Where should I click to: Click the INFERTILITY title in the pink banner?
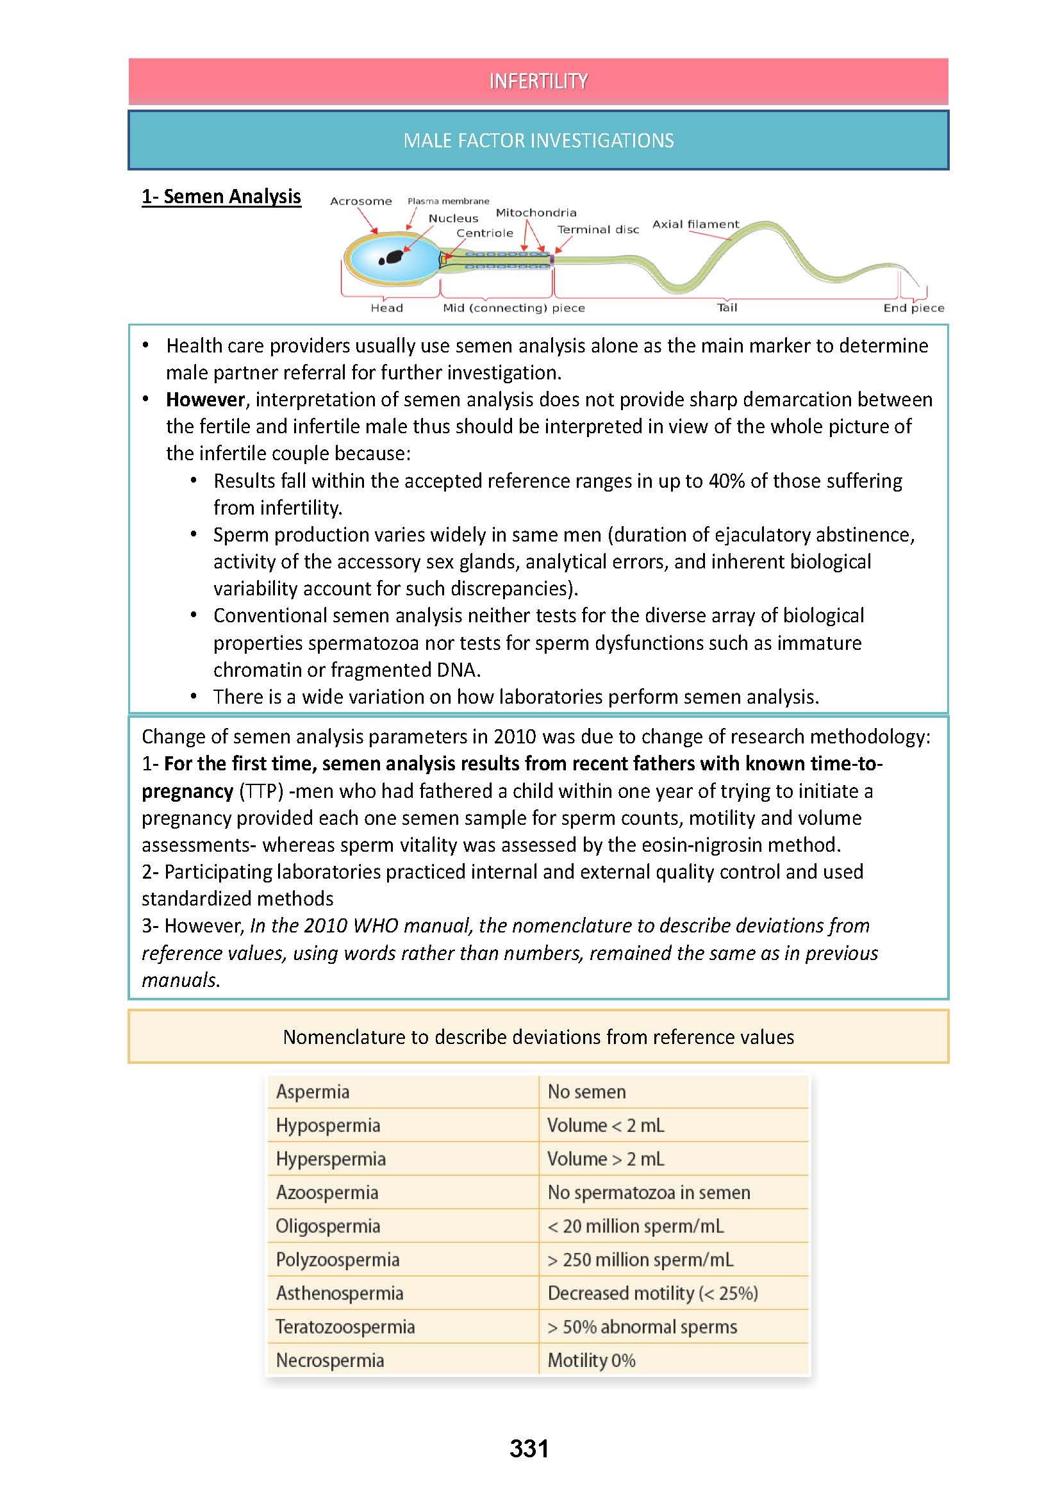coord(538,81)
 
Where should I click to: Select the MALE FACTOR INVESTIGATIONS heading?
coord(538,140)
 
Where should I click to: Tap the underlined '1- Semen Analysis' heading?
coord(221,197)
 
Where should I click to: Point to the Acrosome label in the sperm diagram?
coord(360,201)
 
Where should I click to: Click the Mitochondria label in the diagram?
coord(536,213)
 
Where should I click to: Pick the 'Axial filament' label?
coord(695,224)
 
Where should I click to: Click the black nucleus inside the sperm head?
coord(392,258)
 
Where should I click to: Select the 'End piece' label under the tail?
coord(913,308)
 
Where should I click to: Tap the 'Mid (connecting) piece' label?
coord(514,308)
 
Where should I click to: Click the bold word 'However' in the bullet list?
coord(205,399)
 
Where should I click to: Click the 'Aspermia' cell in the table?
coord(313,1091)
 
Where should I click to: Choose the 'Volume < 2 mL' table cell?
coord(605,1125)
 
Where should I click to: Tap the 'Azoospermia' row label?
coord(327,1193)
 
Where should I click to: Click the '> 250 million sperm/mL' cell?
coord(640,1260)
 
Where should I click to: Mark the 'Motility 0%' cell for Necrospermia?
coord(591,1361)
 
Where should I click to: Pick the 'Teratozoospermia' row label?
coord(345,1327)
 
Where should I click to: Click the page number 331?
coord(529,1449)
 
